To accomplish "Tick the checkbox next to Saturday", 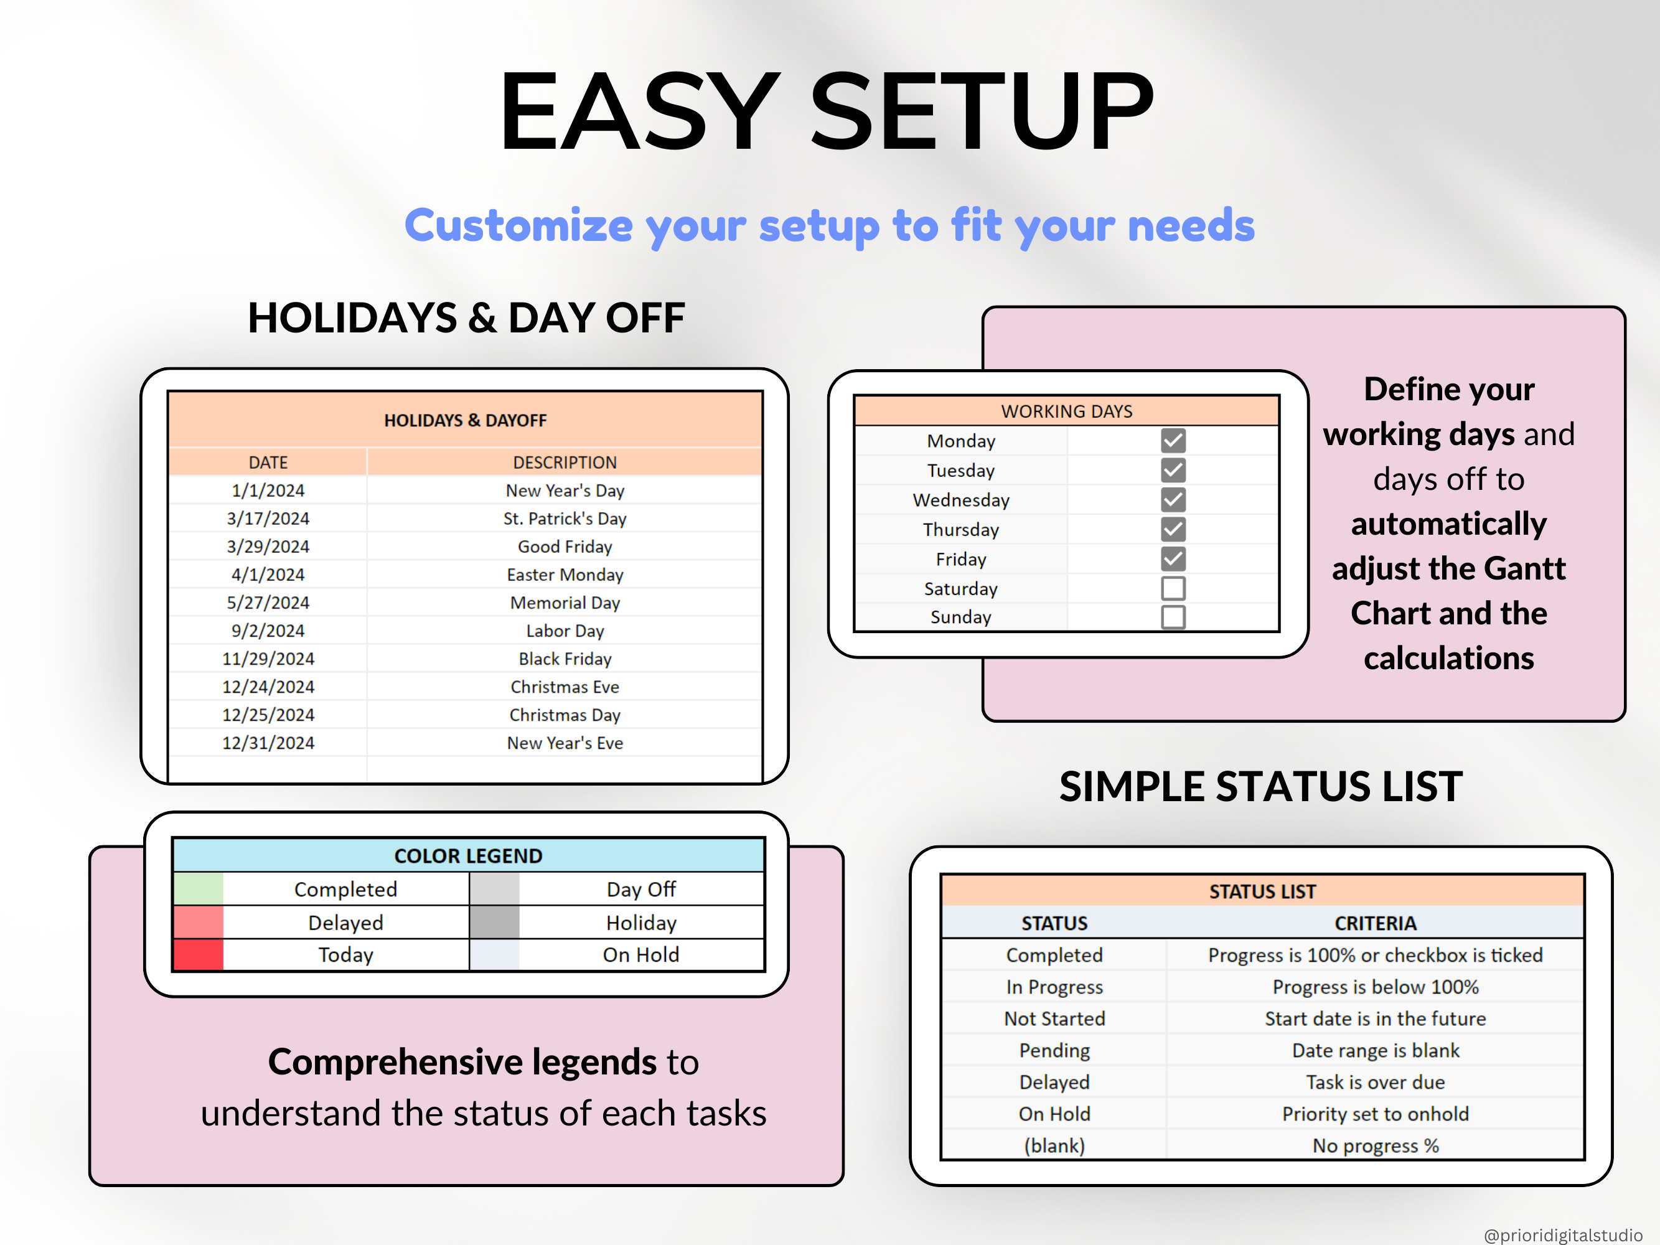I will click(x=1173, y=588).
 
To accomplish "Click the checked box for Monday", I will click(x=1173, y=441).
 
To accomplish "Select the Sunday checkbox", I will click(x=1173, y=617).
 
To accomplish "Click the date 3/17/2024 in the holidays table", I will click(x=268, y=519).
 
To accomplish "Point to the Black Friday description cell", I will click(x=565, y=659).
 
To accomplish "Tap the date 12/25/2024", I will click(x=268, y=715).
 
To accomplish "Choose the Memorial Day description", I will click(x=565, y=603).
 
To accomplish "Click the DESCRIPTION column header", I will click(x=565, y=463).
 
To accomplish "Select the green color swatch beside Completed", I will click(x=198, y=890).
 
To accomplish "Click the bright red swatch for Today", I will click(x=198, y=954).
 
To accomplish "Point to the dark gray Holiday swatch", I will click(x=495, y=923).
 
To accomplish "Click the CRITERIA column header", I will click(x=1375, y=923).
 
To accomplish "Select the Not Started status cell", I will click(x=1054, y=1018).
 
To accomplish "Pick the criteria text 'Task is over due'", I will click(x=1375, y=1082).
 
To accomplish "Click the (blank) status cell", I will click(x=1054, y=1146).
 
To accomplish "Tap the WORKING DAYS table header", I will click(x=1066, y=411).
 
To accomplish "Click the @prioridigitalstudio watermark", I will click(x=1562, y=1234).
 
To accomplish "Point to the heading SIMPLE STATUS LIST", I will click(x=1261, y=786).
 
